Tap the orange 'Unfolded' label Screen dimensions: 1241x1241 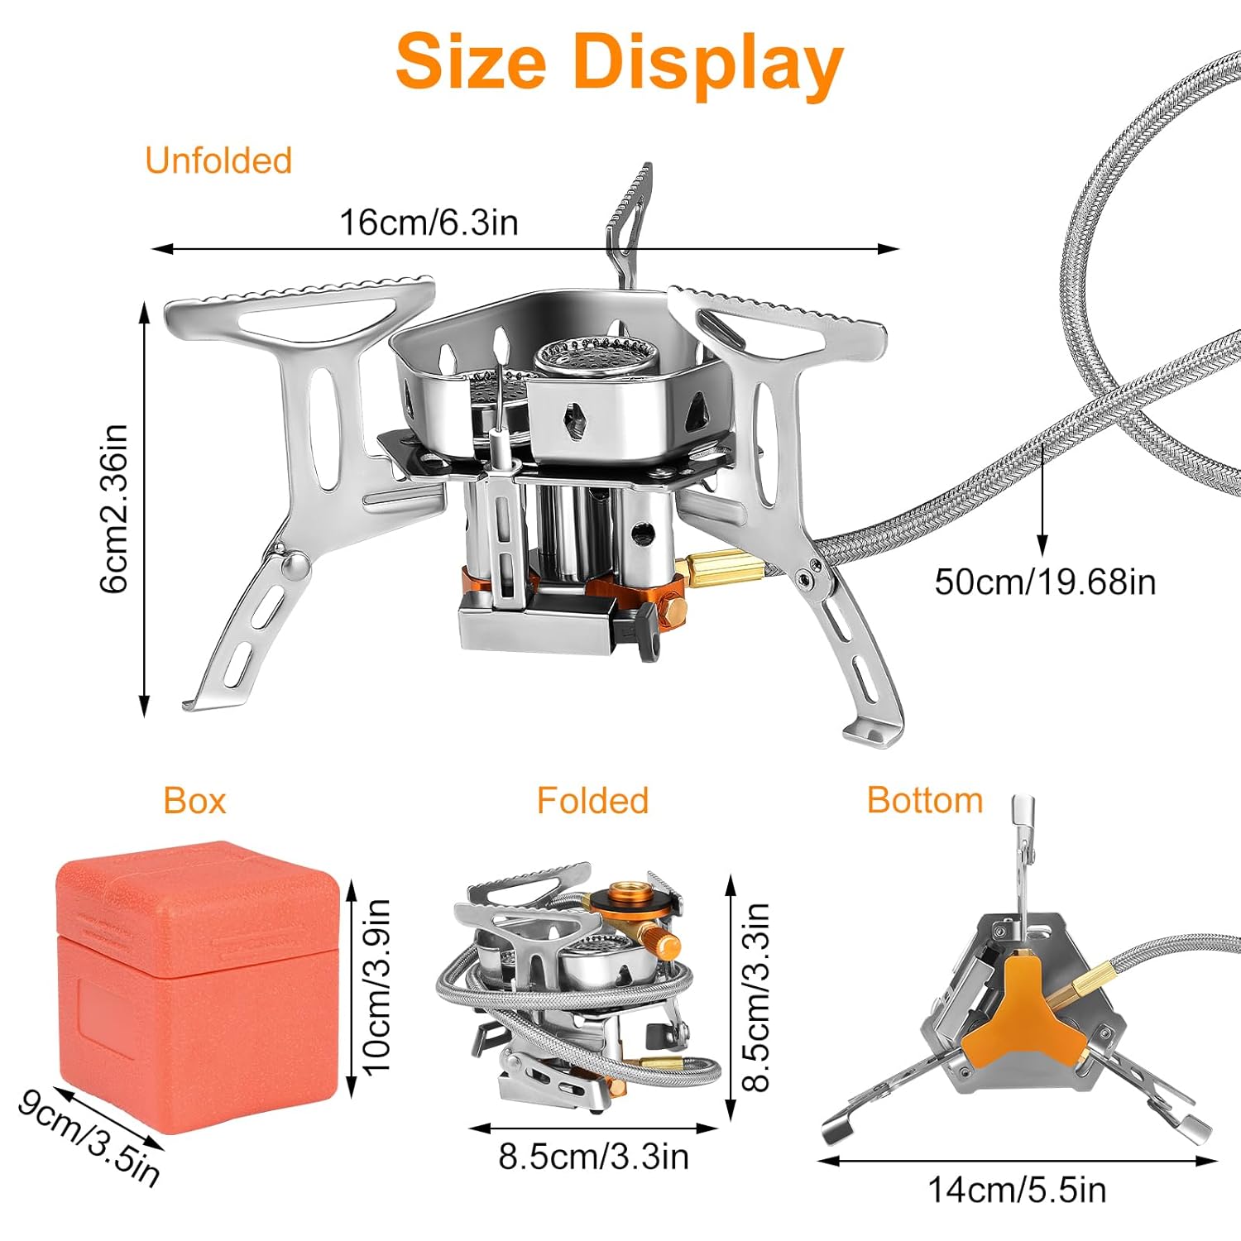coord(218,161)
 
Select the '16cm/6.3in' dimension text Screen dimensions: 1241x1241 coord(429,223)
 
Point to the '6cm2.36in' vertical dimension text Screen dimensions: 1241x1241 coord(114,508)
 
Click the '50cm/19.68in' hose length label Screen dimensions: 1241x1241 coord(1045,582)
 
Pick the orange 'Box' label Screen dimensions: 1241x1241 coord(194,801)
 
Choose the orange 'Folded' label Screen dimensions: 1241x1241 coord(592,801)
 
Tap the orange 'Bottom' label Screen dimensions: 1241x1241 coord(925,800)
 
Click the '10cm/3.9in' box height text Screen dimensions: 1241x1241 coord(376,987)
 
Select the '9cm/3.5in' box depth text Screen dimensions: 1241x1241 coord(89,1138)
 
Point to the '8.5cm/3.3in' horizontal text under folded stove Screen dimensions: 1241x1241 coord(593,1157)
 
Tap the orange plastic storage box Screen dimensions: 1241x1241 coord(198,985)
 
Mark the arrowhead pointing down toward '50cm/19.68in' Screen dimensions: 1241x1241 coord(1042,545)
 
